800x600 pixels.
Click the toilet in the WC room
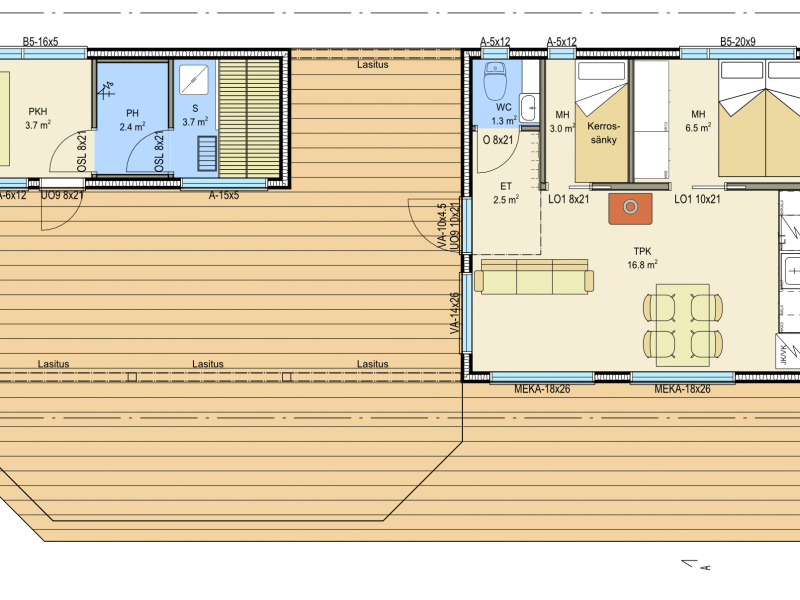pyautogui.click(x=493, y=81)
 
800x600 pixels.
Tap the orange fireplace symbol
pyautogui.click(x=630, y=208)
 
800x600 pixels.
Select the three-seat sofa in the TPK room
pyautogui.click(x=534, y=277)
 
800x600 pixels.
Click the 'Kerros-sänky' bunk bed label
pyautogui.click(x=603, y=133)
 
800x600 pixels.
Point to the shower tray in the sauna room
pyautogui.click(x=193, y=79)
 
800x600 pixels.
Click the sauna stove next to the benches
pyautogui.click(x=207, y=154)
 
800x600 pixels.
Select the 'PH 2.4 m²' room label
pyautogui.click(x=132, y=120)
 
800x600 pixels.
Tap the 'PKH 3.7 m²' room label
pyautogui.click(x=38, y=118)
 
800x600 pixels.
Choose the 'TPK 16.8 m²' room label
pyautogui.click(x=642, y=258)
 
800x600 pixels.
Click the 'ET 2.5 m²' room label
pyautogui.click(x=506, y=193)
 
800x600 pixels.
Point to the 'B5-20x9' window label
pyautogui.click(x=737, y=42)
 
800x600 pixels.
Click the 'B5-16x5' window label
pyautogui.click(x=40, y=42)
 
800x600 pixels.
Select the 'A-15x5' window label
pyautogui.click(x=223, y=195)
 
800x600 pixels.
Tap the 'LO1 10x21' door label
pyautogui.click(x=697, y=199)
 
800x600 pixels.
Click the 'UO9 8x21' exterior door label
pyautogui.click(x=62, y=195)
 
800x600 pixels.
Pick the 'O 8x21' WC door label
pyautogui.click(x=497, y=139)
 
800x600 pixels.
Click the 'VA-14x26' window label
pyautogui.click(x=455, y=313)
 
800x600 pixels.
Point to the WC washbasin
pyautogui.click(x=529, y=107)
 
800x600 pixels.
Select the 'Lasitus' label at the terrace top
pyautogui.click(x=372, y=65)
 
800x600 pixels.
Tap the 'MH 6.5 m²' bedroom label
pyautogui.click(x=698, y=121)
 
